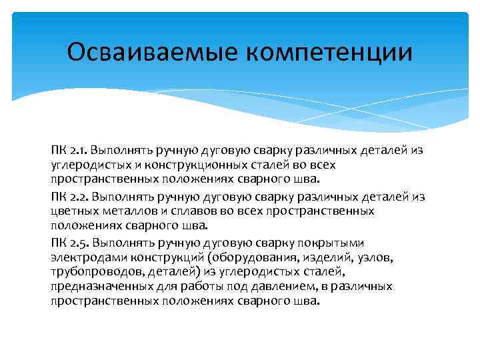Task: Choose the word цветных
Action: [x=71, y=211]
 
